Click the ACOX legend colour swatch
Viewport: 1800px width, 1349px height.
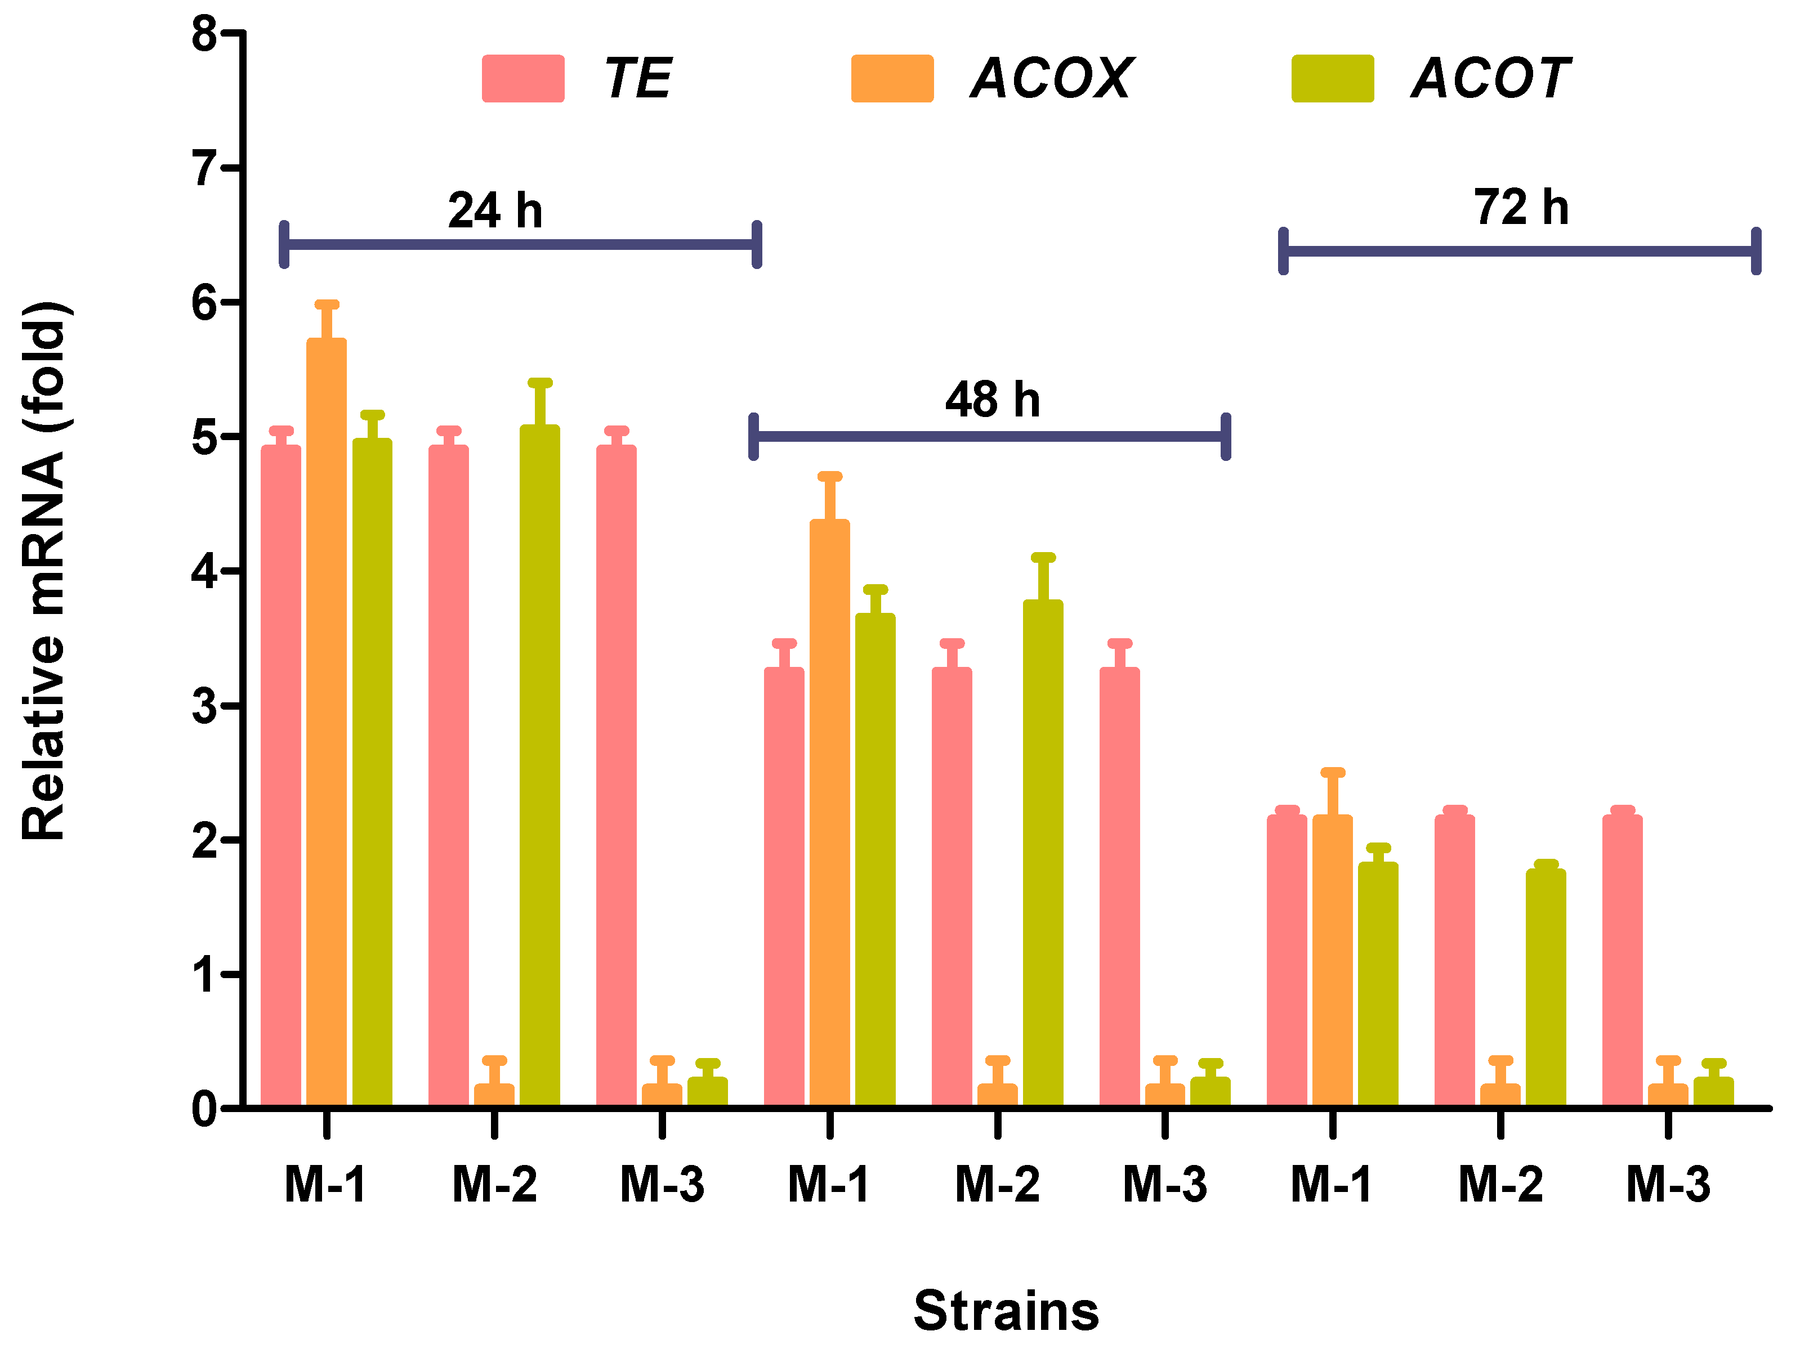click(892, 79)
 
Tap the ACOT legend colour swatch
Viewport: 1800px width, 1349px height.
click(1332, 79)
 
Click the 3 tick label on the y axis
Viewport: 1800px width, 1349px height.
click(204, 705)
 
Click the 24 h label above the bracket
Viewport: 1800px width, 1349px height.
click(495, 210)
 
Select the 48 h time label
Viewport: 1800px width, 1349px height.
click(992, 400)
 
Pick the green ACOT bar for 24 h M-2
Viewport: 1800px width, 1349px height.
click(539, 765)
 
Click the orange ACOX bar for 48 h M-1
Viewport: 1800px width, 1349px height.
click(829, 814)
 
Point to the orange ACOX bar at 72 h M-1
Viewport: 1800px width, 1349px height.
click(1332, 960)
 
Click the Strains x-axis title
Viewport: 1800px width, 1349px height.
click(1006, 1311)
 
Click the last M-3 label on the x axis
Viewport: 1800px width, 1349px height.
click(1667, 1185)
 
